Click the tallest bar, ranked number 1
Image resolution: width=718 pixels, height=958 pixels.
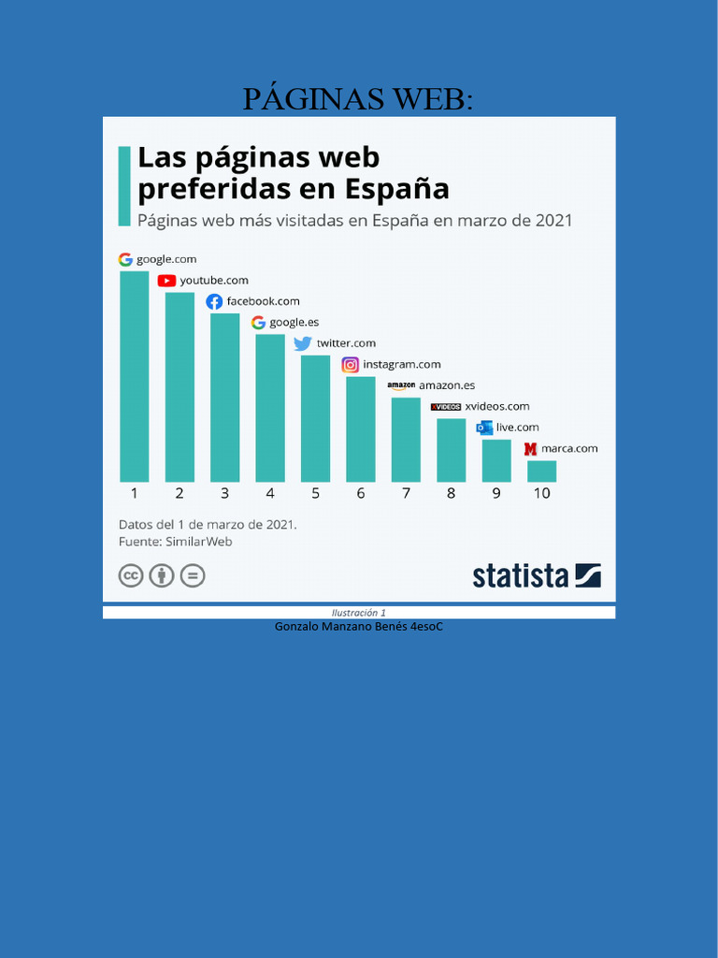(134, 376)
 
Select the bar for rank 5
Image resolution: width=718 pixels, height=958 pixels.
(315, 418)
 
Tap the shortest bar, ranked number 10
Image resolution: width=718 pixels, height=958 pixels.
(541, 471)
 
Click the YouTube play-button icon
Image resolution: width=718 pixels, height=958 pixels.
(166, 281)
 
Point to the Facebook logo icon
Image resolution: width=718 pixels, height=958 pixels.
(214, 301)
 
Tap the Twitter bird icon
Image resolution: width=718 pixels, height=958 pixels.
(303, 343)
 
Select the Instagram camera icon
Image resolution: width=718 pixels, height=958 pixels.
(350, 365)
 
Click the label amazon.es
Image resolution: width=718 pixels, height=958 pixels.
(447, 385)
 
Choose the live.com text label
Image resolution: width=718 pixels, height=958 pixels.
(517, 428)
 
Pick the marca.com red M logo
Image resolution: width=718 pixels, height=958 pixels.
(531, 449)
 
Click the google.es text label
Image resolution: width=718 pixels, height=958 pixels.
(294, 323)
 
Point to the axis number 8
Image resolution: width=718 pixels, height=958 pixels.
(451, 493)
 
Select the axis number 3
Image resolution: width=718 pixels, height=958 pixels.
(224, 493)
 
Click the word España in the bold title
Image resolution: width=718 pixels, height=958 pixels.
(397, 189)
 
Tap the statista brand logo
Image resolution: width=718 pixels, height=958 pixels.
(537, 574)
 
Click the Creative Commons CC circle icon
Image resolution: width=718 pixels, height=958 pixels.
(131, 574)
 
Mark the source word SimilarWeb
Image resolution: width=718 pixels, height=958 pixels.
(198, 542)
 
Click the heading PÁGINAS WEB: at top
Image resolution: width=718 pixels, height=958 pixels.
(358, 98)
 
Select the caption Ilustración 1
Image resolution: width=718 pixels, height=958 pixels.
(359, 613)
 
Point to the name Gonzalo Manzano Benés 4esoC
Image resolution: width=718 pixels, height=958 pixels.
(359, 626)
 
